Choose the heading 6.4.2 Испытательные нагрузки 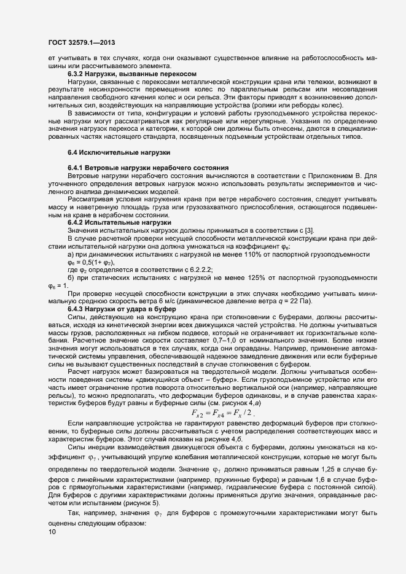point(120,222)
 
